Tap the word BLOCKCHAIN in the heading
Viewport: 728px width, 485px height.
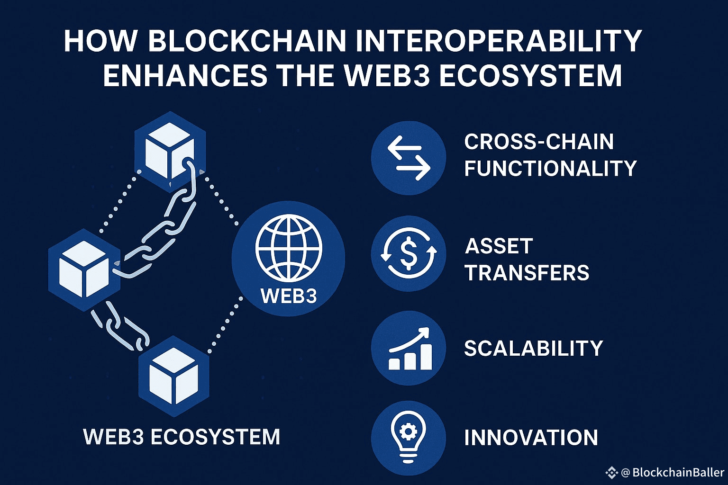(x=247, y=41)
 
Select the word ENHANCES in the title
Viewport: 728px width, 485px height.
(x=185, y=76)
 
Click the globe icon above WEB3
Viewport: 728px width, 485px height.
(x=288, y=248)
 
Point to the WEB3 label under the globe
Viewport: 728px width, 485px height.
(x=288, y=296)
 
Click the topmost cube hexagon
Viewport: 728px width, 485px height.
(x=170, y=152)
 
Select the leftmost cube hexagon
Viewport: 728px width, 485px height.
(x=84, y=269)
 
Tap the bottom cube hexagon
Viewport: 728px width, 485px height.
(x=174, y=377)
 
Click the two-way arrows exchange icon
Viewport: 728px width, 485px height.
(x=409, y=158)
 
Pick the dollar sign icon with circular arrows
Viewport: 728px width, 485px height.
(x=409, y=254)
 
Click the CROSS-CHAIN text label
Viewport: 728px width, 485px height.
(x=539, y=142)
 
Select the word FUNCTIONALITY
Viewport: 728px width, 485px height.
(x=550, y=169)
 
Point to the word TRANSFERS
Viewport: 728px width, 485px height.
(x=527, y=273)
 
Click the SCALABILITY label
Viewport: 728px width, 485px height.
(x=533, y=349)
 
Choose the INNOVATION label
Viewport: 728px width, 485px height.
(x=531, y=438)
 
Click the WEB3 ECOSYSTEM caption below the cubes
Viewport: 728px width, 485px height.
(x=182, y=437)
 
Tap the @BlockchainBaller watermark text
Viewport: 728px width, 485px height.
(x=673, y=472)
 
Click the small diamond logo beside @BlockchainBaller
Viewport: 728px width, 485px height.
(x=611, y=472)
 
